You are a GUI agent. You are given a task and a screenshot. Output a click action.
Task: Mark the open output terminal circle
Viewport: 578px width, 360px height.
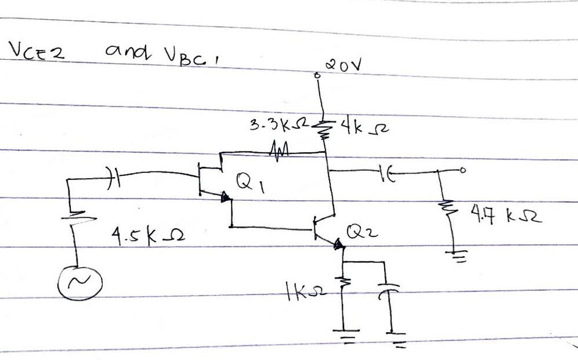tap(461, 171)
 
